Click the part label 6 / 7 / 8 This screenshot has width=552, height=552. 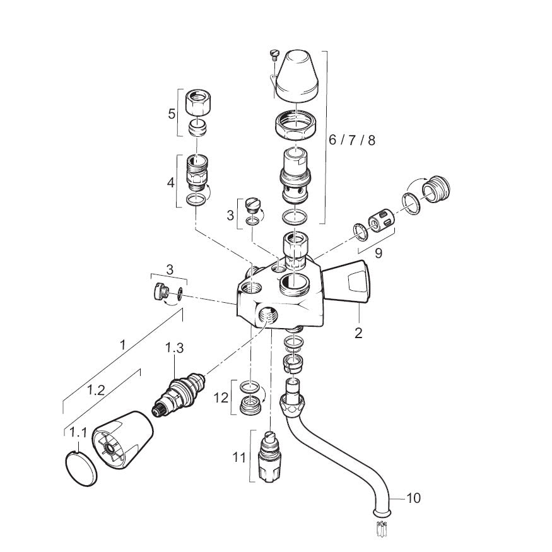coord(352,140)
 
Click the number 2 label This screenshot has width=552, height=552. coord(358,333)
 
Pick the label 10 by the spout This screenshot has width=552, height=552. coord(413,498)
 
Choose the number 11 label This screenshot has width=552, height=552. coord(238,457)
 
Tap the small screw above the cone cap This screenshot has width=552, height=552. coord(274,54)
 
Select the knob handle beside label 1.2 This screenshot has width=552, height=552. coord(124,441)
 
